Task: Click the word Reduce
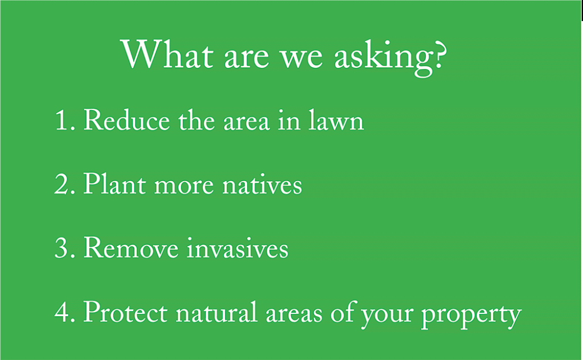pos(126,120)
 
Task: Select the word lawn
pos(336,120)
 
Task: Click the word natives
pos(262,185)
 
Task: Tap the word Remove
pos(131,248)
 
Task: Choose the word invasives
pos(237,247)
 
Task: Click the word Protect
pos(125,312)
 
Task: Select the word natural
pos(216,311)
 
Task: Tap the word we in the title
pos(301,59)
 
